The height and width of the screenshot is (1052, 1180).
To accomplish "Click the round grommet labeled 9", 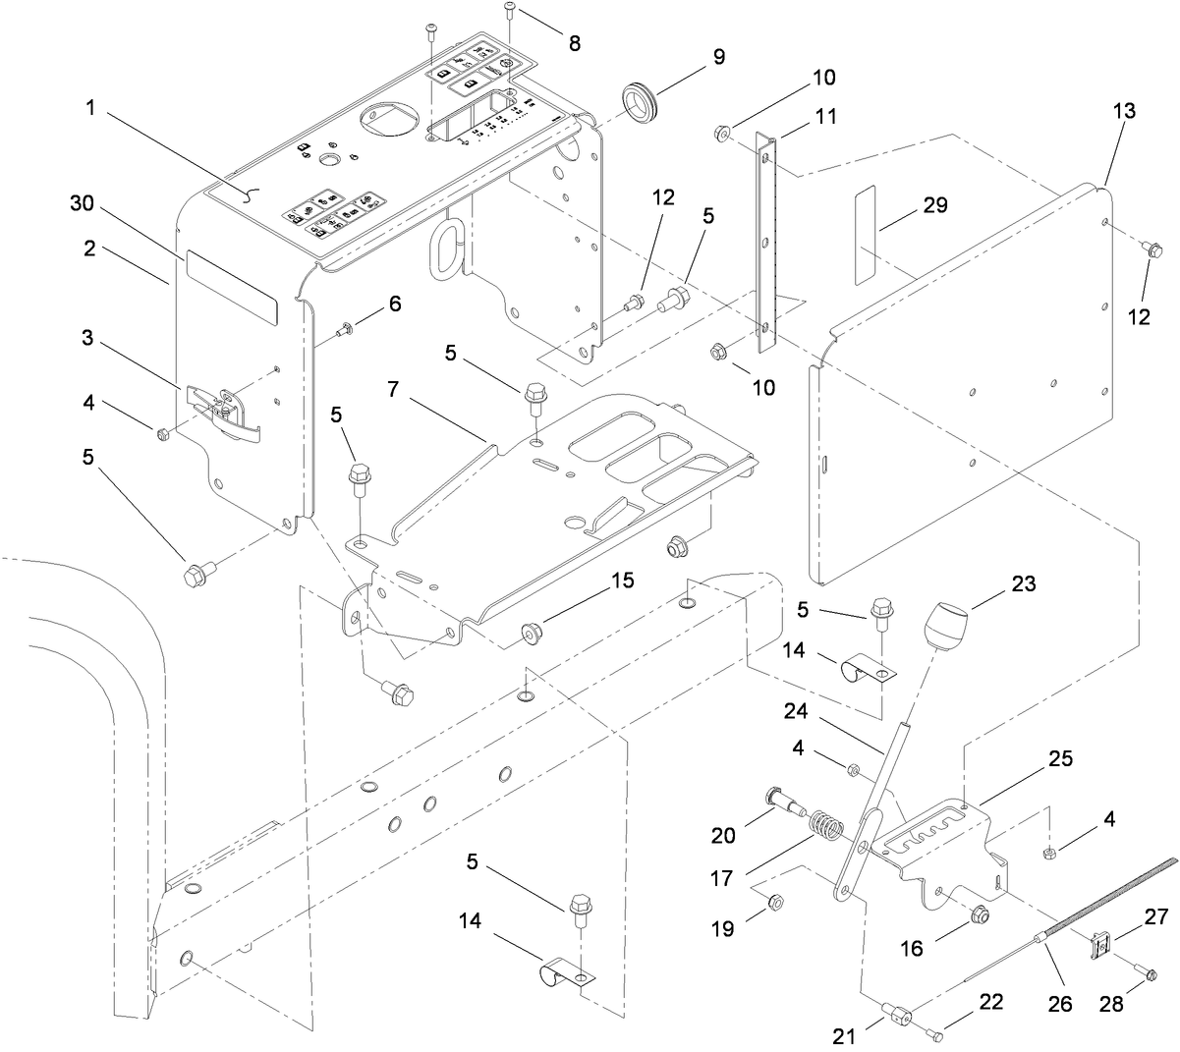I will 640,102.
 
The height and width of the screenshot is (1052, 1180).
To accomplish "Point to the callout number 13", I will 1124,111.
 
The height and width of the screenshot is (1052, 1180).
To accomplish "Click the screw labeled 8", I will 510,11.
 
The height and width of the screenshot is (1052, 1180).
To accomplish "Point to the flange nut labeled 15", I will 531,634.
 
